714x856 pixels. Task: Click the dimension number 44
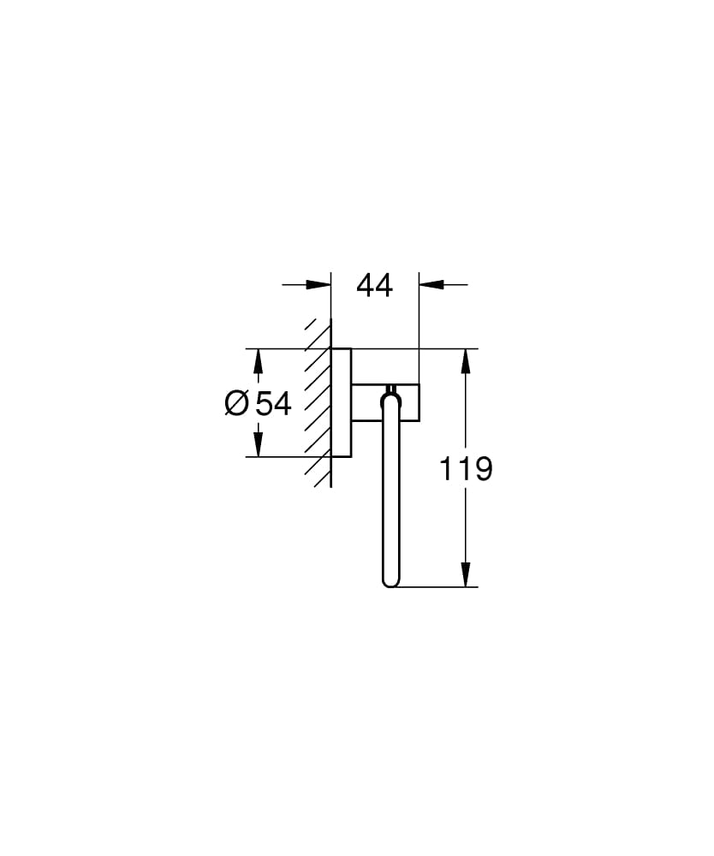pyautogui.click(x=374, y=286)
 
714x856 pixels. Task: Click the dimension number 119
pyautogui.click(x=466, y=468)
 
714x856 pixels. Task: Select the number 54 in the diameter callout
pyautogui.click(x=273, y=402)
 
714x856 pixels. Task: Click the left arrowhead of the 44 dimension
pyautogui.click(x=318, y=285)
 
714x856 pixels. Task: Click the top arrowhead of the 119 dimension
pyautogui.click(x=466, y=361)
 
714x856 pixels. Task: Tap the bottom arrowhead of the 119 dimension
pyautogui.click(x=466, y=574)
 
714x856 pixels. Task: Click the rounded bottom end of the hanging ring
pyautogui.click(x=390, y=583)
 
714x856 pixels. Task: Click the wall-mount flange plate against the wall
pyautogui.click(x=341, y=402)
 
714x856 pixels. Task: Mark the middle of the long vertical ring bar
pyautogui.click(x=390, y=496)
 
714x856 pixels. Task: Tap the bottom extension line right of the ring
pyautogui.click(x=437, y=587)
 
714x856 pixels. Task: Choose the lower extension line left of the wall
pyautogui.click(x=283, y=457)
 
